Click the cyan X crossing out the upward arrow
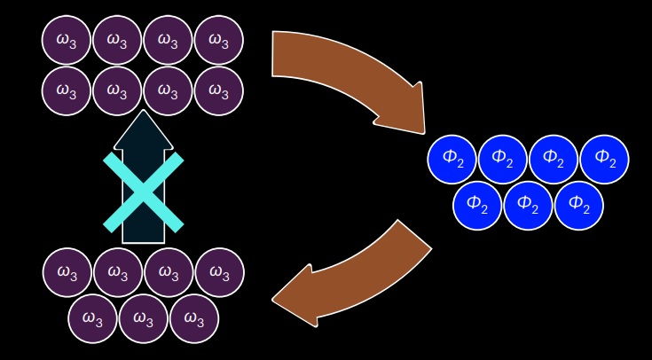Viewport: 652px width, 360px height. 144,192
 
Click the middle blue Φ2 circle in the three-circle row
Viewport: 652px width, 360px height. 528,205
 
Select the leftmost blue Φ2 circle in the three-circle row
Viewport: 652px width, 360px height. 477,205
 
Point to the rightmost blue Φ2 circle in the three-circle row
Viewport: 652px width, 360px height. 578,205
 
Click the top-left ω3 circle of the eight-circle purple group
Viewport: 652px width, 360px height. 67,40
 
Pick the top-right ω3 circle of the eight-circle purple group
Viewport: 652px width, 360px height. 218,40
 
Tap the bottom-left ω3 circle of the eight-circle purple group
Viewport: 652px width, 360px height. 67,90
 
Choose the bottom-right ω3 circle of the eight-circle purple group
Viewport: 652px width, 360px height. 218,90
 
